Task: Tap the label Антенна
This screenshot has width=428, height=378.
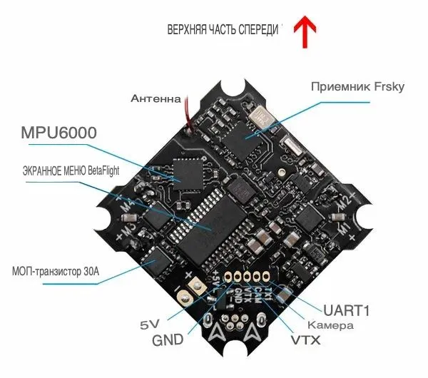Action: [x=156, y=98]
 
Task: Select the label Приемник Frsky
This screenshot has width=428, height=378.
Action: [x=358, y=86]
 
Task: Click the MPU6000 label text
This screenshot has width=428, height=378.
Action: [x=58, y=133]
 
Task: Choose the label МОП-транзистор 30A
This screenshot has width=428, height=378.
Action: [x=61, y=272]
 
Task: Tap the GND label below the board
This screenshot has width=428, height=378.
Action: [x=168, y=339]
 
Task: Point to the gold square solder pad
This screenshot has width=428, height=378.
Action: [x=191, y=290]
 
